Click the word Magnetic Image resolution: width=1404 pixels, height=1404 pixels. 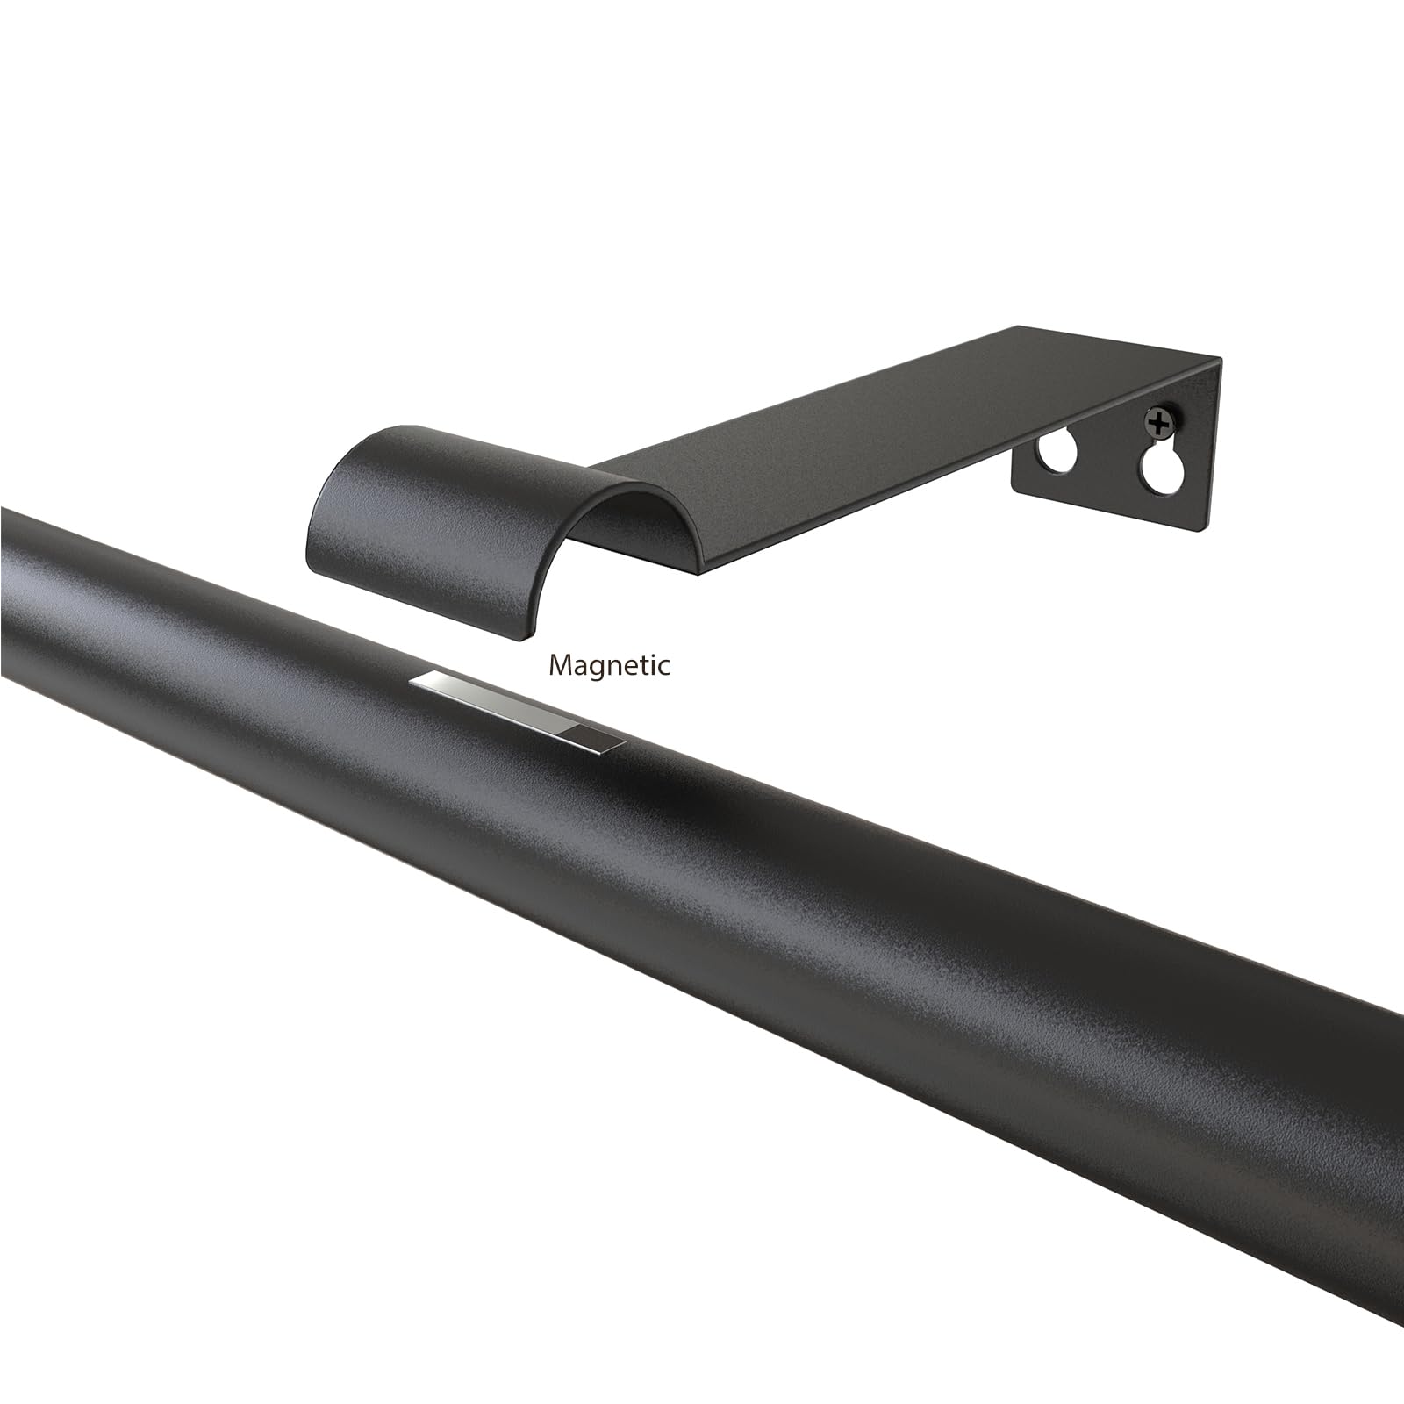609,666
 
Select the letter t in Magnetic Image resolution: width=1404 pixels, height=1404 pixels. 641,665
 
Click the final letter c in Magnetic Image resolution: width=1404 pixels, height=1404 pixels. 663,668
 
